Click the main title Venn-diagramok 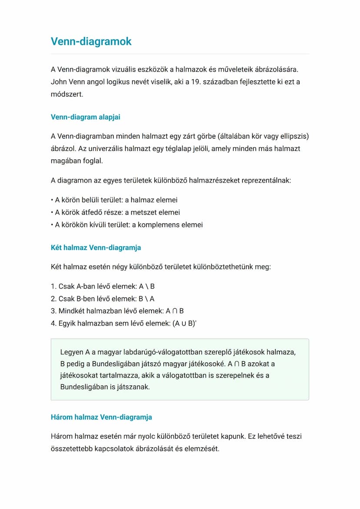point(91,42)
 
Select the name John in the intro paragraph point(59,82)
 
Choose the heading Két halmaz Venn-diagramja point(96,248)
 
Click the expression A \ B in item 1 point(147,287)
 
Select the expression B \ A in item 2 point(147,299)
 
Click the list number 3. point(53,311)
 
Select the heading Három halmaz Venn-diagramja point(101,417)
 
